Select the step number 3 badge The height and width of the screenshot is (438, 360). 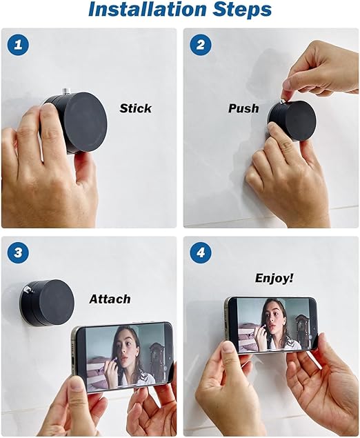tap(17, 252)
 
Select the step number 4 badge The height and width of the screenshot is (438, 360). tap(201, 252)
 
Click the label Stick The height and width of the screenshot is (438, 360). tap(135, 108)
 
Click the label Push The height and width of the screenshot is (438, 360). tap(243, 108)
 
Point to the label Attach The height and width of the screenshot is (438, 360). tap(110, 299)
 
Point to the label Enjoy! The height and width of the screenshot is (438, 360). tap(274, 278)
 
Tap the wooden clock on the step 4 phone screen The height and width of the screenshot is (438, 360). tap(302, 330)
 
